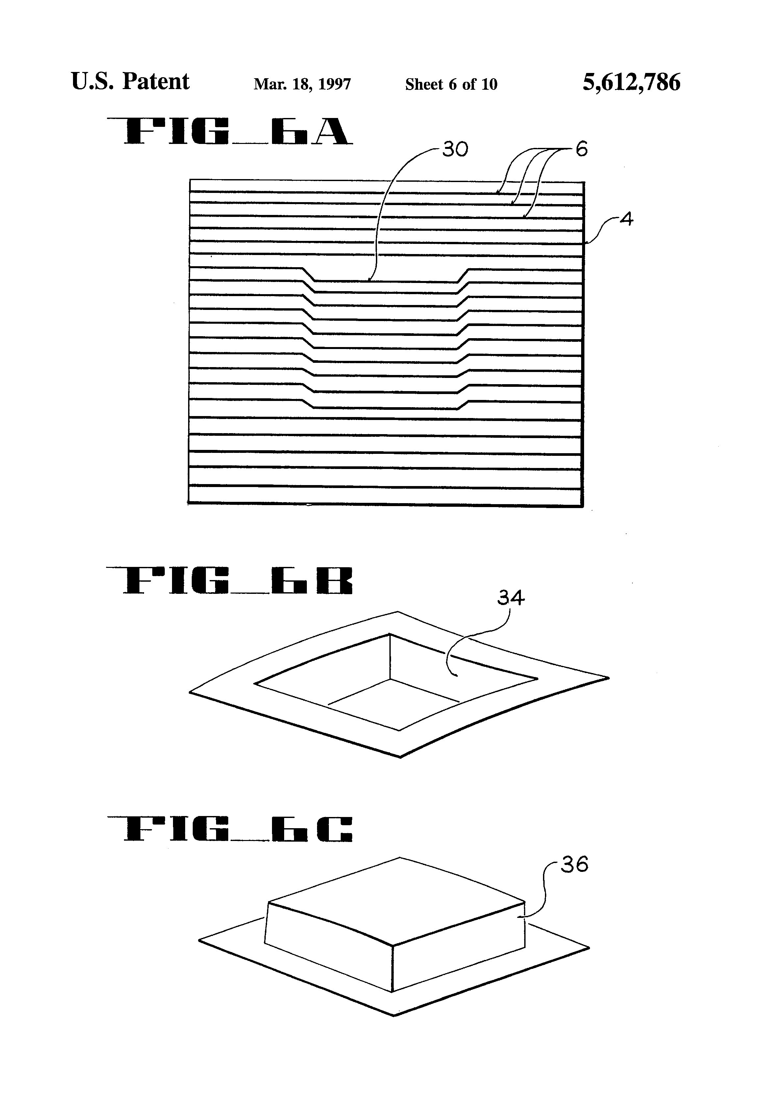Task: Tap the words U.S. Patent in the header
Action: coord(130,82)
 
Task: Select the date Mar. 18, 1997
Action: coord(302,84)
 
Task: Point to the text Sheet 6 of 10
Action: coord(451,84)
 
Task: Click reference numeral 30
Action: coord(455,150)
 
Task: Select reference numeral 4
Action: coord(626,220)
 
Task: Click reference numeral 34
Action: coord(511,598)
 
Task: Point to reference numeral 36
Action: coord(575,865)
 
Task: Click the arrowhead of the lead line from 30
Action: coord(369,280)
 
